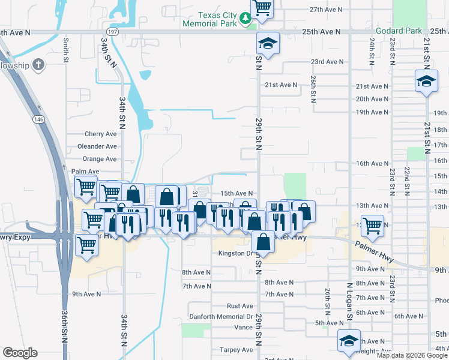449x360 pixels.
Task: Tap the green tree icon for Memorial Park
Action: point(245,19)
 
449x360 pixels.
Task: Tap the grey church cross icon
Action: point(38,64)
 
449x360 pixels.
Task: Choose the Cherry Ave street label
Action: point(100,134)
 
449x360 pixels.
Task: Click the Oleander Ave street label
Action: point(97,146)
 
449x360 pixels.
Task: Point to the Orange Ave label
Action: point(99,159)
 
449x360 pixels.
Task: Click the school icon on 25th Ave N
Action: point(268,43)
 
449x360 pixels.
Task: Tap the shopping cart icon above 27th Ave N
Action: point(262,8)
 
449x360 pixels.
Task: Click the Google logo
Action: point(20,353)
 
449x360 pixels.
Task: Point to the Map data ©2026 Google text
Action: point(412,355)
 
